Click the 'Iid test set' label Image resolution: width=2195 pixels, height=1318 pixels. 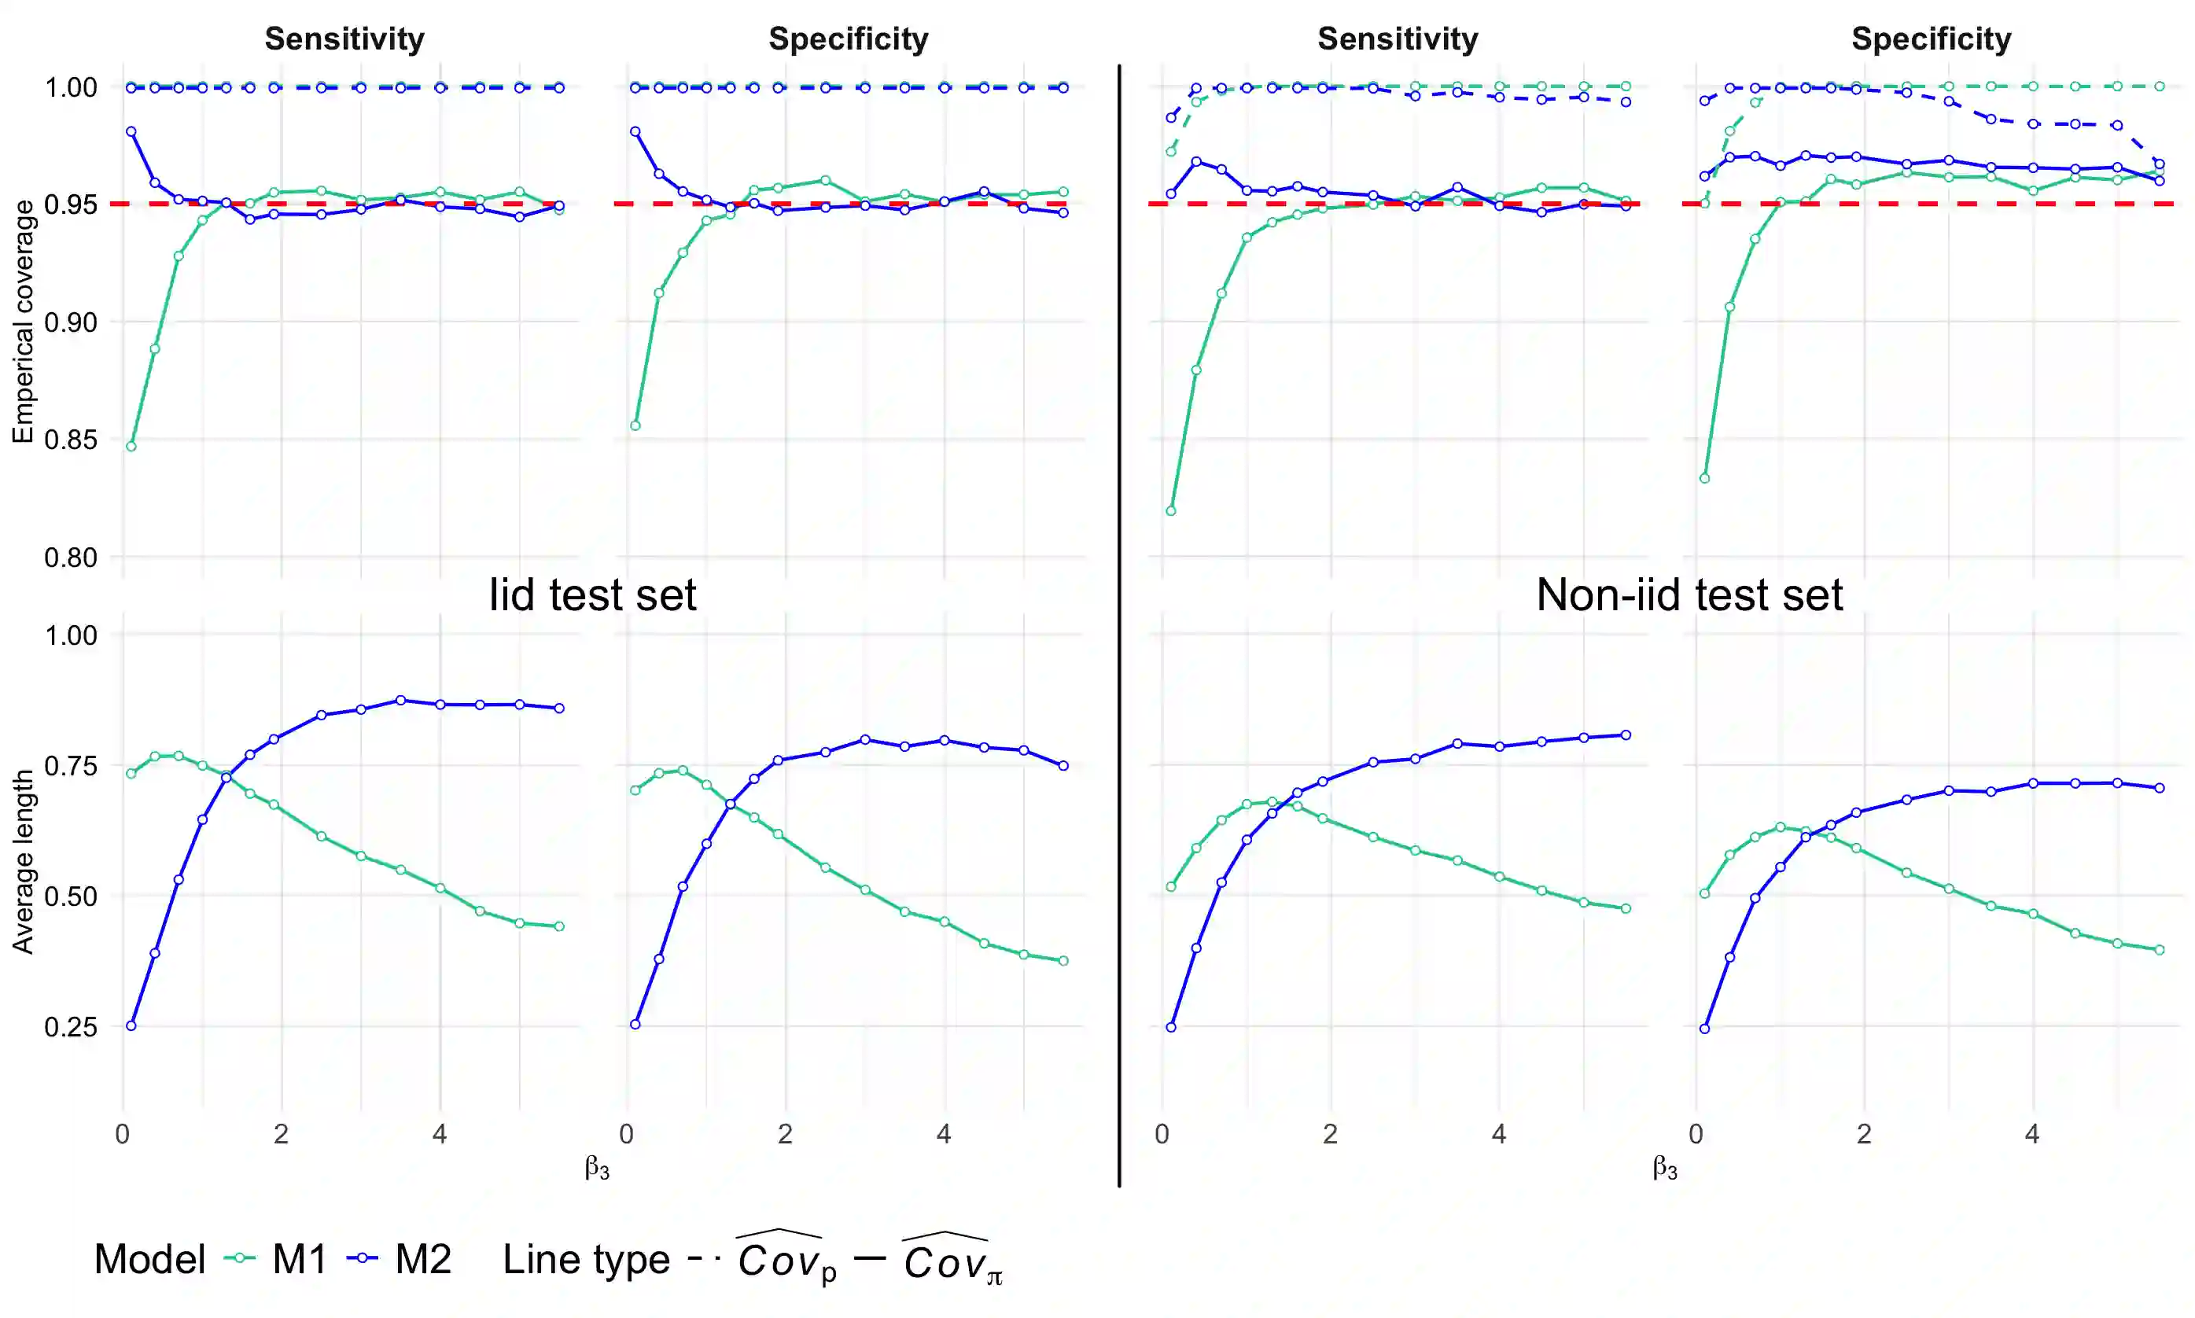pos(592,595)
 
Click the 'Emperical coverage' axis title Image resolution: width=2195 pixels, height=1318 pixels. pos(22,321)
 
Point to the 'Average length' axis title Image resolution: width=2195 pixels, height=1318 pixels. pos(22,861)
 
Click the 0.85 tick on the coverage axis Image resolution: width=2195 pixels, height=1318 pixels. pos(71,440)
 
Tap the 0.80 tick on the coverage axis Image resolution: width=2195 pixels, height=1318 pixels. pos(71,558)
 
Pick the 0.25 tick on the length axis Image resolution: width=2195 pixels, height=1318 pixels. pos(71,1027)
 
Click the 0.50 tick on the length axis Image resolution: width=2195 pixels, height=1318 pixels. pos(71,896)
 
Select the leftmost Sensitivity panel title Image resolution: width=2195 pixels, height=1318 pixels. pos(344,39)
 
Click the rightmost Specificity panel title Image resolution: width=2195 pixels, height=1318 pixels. pos(1932,39)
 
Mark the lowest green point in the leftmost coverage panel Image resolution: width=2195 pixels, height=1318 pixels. pos(131,447)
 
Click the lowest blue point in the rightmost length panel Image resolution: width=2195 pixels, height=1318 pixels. pos(1704,1029)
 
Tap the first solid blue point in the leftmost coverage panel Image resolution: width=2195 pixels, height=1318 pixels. pos(131,131)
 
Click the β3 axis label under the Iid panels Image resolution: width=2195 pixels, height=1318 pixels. pos(597,1167)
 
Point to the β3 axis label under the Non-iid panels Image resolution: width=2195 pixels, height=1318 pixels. pos(1665,1167)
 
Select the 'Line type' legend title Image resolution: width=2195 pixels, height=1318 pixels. pos(586,1259)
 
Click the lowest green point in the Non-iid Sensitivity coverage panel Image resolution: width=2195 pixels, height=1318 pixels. pos(1170,510)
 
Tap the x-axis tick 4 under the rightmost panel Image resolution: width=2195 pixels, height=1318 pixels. pos(2031,1134)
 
